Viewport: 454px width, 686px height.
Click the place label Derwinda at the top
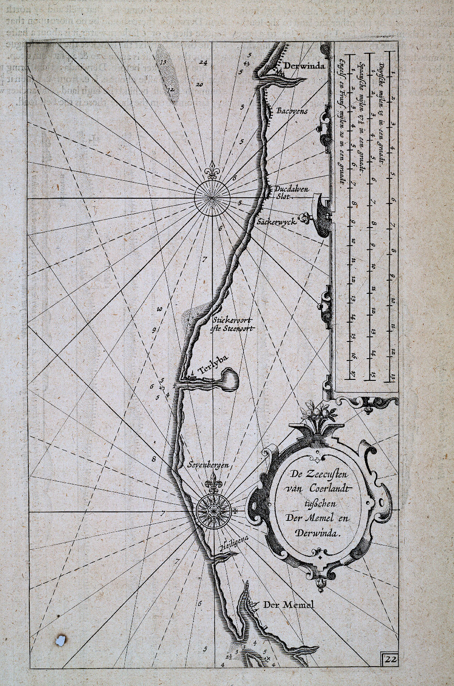[x=305, y=66]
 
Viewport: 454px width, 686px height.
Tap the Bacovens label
[x=292, y=111]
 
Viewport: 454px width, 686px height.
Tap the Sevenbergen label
[x=208, y=465]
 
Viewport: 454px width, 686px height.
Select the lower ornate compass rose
[x=211, y=511]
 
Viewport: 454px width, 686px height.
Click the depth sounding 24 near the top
[x=203, y=62]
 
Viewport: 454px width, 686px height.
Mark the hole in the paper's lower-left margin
[x=60, y=640]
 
